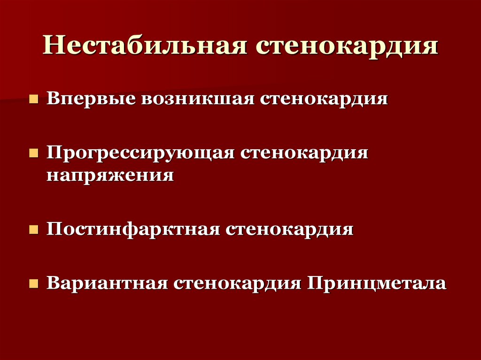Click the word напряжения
point(110,175)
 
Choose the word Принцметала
point(376,284)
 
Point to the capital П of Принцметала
point(314,283)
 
